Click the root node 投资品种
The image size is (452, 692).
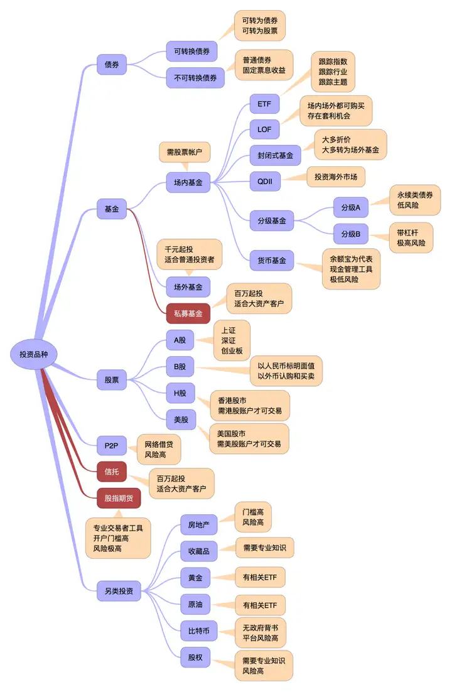point(33,354)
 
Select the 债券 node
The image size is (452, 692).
point(112,65)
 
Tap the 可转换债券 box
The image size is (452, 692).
point(191,51)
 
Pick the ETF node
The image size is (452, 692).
point(264,104)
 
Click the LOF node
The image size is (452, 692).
point(264,130)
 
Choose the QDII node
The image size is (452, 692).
point(265,181)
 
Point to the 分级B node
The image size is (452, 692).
point(351,234)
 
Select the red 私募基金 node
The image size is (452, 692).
point(188,314)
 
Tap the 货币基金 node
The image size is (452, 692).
point(272,261)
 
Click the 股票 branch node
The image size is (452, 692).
point(112,380)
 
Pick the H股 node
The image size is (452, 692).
point(180,393)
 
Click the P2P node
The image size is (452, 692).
point(111,446)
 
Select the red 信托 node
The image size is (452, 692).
point(112,472)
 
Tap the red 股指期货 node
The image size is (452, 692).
point(119,498)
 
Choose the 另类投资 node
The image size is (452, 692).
point(119,591)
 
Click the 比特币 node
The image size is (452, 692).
point(199,631)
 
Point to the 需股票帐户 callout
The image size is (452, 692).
point(185,153)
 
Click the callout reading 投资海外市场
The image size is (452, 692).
point(336,177)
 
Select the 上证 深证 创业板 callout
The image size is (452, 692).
point(232,341)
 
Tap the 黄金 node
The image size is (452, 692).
point(195,578)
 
